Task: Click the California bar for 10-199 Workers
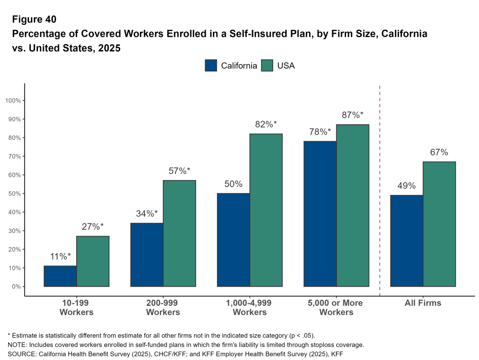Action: tap(60, 276)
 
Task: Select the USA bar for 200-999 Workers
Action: tap(180, 233)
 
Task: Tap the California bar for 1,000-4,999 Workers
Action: tap(233, 240)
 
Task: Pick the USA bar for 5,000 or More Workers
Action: tap(353, 205)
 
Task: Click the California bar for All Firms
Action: tap(406, 241)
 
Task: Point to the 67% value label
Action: tap(439, 152)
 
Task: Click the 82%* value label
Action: tap(266, 124)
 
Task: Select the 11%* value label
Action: tap(60, 256)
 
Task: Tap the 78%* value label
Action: tap(320, 132)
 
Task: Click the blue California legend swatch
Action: tap(211, 65)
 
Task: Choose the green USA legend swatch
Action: tap(267, 65)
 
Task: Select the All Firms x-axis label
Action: tap(423, 303)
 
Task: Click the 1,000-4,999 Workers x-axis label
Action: tap(250, 307)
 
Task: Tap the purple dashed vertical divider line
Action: tap(379, 187)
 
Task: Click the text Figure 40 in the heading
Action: tap(34, 20)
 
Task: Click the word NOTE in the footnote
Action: tap(17, 345)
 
